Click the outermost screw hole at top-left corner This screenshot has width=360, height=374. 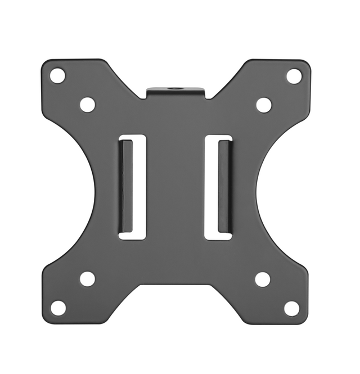[x=57, y=75]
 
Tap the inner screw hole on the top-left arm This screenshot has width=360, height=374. [x=87, y=104]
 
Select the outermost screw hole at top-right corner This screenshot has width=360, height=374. [x=294, y=76]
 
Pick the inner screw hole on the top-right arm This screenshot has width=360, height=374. [x=264, y=105]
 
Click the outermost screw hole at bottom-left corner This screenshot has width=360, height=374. [x=58, y=308]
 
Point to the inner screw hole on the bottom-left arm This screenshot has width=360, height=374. [x=87, y=278]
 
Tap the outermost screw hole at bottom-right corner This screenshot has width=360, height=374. [x=291, y=308]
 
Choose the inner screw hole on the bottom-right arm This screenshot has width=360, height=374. [x=263, y=279]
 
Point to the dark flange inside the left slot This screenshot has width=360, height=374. [x=126, y=186]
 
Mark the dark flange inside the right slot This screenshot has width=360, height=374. [x=224, y=186]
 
